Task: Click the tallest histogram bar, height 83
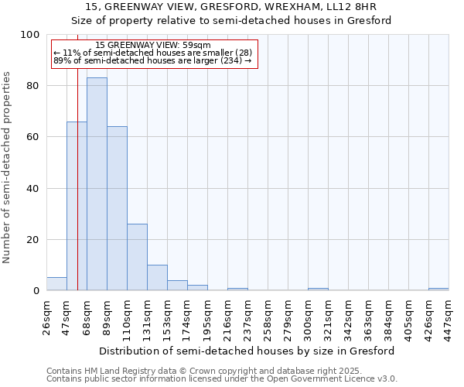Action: tap(97, 184)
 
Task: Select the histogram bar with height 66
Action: tap(77, 206)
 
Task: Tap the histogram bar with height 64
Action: tap(117, 208)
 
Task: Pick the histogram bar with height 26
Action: tap(137, 257)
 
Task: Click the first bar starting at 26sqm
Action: tap(56, 284)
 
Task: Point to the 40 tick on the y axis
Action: tap(33, 188)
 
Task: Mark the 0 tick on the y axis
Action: tap(36, 291)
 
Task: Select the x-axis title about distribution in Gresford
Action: tap(247, 351)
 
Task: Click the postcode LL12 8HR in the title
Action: tap(355, 6)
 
